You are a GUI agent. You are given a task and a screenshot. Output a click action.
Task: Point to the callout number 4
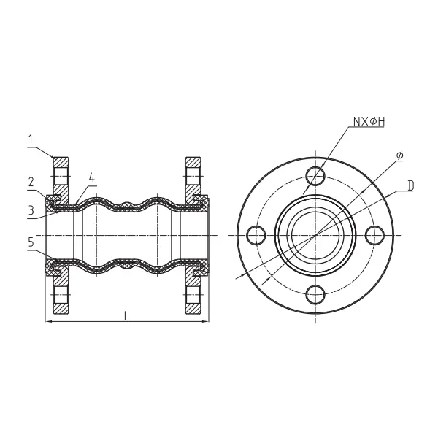pos(91,177)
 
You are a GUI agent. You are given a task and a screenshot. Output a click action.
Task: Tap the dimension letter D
pos(411,186)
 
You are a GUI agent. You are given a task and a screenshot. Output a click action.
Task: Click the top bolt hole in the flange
pos(315,176)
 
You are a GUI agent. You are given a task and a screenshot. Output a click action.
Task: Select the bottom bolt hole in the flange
pos(315,294)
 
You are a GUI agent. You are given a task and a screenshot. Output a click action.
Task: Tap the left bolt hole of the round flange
pos(256,235)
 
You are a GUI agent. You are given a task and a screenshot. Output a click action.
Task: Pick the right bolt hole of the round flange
pos(374,235)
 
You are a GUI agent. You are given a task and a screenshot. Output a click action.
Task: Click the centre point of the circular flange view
pos(315,235)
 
